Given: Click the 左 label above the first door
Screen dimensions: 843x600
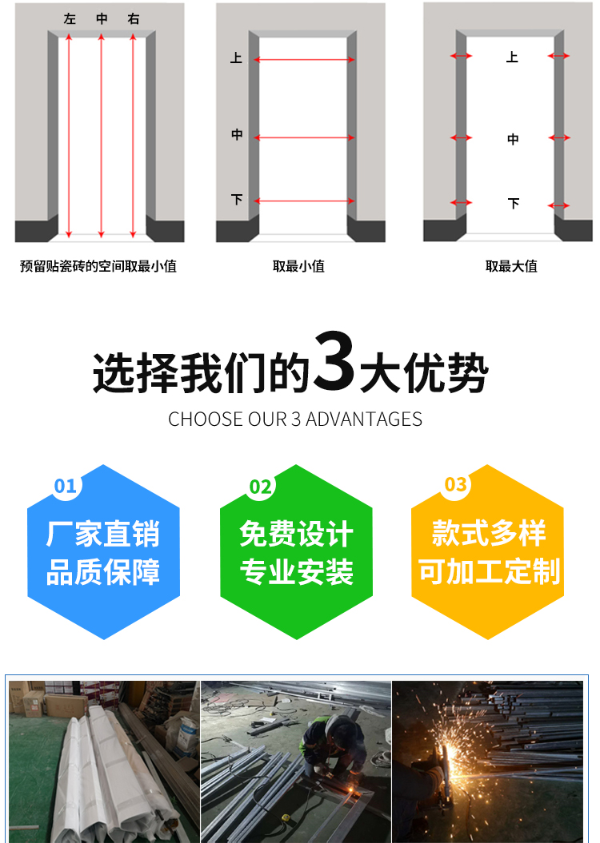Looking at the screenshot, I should pos(70,19).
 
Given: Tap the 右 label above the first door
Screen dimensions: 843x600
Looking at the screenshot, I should pos(134,19).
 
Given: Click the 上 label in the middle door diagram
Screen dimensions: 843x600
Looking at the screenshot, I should pos(236,58).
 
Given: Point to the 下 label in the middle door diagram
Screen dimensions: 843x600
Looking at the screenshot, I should pos(237,200).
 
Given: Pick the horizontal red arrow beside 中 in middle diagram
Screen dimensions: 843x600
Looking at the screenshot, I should pos(304,137).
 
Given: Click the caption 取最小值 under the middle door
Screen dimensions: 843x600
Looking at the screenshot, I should pos(298,267).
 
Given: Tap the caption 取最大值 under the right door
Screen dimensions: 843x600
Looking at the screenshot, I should pos(511,267).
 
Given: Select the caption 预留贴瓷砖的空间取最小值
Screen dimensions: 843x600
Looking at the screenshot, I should pos(98,267).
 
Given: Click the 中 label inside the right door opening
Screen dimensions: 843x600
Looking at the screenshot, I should pos(513,139).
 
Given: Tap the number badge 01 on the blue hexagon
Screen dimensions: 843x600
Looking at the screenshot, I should pos(65,486).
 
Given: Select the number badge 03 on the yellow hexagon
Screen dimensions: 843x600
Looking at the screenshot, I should pos(455,484).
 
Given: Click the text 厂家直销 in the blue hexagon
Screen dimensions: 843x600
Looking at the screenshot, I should pos(103,535).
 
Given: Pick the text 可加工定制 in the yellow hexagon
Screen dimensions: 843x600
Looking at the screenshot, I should pos(489,572).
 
